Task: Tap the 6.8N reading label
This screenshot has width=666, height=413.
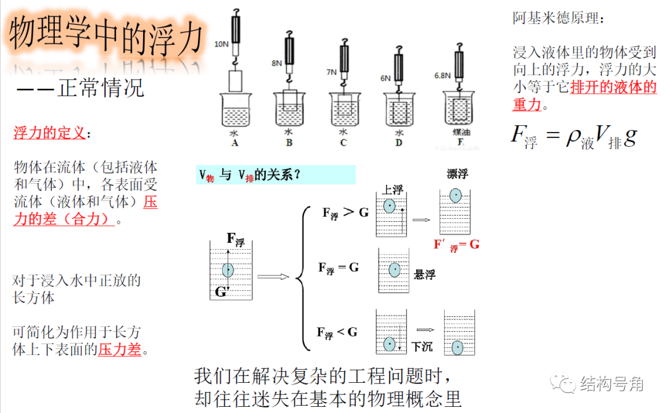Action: [x=442, y=76]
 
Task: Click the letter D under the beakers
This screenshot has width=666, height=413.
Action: [x=399, y=144]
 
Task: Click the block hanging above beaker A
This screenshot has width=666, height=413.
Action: [x=237, y=81]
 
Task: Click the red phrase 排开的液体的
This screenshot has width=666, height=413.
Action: [x=614, y=87]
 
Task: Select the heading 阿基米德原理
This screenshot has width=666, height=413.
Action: [x=559, y=18]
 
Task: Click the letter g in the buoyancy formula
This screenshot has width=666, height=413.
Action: [x=630, y=137]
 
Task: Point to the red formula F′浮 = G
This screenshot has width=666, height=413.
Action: [x=456, y=245]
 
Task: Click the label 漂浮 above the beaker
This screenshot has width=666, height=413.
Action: [x=457, y=174]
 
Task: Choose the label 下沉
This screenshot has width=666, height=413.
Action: [x=422, y=346]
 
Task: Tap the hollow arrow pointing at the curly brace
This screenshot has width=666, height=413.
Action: [x=273, y=277]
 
